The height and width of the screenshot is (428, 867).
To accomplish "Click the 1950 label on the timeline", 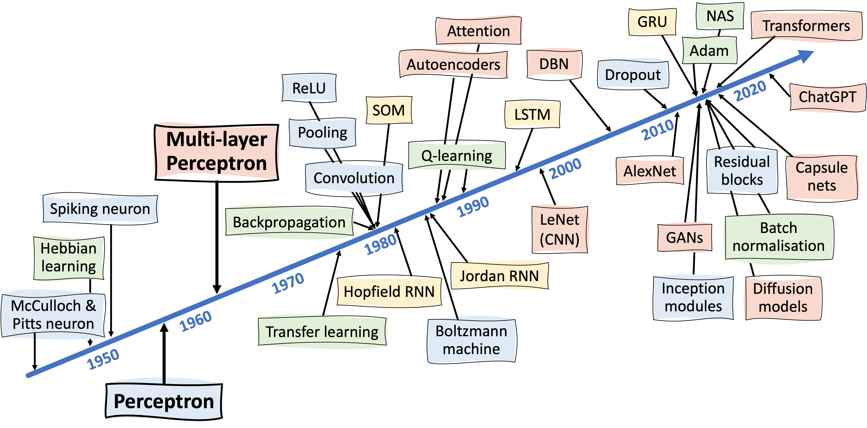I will (x=103, y=359).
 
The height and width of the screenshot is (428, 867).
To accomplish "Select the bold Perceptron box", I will (x=164, y=401).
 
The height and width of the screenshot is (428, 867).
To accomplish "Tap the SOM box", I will (x=388, y=110).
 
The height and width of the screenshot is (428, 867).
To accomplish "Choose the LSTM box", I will (x=532, y=114).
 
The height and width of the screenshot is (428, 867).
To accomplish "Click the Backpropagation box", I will (x=289, y=222).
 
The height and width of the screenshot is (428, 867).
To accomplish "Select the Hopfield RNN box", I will (x=389, y=292).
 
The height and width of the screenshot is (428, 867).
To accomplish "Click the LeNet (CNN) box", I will (x=560, y=230).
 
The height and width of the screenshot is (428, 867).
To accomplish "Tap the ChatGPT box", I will (x=827, y=97).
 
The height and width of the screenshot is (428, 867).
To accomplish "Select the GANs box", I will (x=684, y=238).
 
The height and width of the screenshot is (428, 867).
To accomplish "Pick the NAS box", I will (x=720, y=16).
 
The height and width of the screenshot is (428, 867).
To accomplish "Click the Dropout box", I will (x=633, y=75).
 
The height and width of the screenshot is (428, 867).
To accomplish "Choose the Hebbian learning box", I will (x=69, y=257).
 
